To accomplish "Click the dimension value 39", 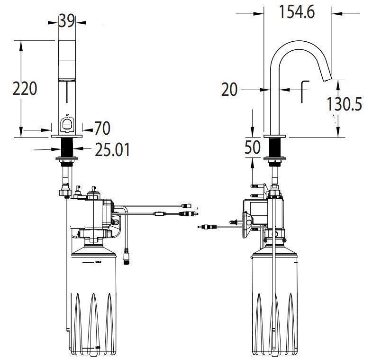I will pyautogui.click(x=67, y=20).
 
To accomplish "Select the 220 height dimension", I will pyautogui.click(x=24, y=88).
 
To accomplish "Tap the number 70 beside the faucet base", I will pyautogui.click(x=102, y=128).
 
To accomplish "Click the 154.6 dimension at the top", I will pyautogui.click(x=297, y=12).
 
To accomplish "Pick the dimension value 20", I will pyautogui.click(x=229, y=89).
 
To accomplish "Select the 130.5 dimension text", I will pyautogui.click(x=345, y=104).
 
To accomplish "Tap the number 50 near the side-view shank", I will pyautogui.click(x=253, y=148).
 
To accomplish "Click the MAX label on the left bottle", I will pyautogui.click(x=98, y=261).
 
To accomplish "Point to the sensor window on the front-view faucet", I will pyautogui.click(x=67, y=125).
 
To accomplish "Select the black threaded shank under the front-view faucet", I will pyautogui.click(x=67, y=148).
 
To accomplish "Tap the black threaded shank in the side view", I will pyautogui.click(x=275, y=148).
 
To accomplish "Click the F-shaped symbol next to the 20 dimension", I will pyautogui.click(x=303, y=91).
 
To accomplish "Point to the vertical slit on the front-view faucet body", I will pyautogui.click(x=67, y=92).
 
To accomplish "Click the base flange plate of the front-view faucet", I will pyautogui.click(x=67, y=137).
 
